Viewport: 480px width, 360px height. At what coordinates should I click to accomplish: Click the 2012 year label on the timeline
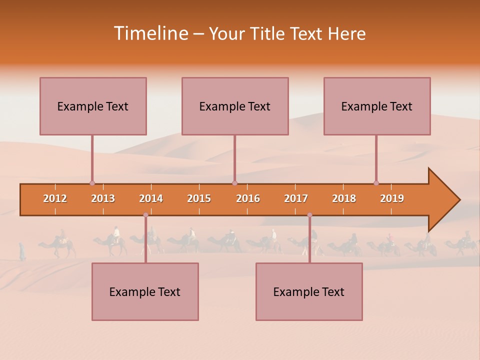click(55, 198)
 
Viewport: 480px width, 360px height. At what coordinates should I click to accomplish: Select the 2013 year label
click(103, 198)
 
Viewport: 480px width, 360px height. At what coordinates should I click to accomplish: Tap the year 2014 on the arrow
click(151, 198)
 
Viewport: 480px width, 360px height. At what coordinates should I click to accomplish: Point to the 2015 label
click(199, 198)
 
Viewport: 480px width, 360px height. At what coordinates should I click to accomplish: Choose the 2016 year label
click(248, 198)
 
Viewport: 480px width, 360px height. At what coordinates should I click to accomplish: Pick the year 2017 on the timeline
click(296, 198)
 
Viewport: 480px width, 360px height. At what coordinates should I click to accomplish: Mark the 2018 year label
click(344, 198)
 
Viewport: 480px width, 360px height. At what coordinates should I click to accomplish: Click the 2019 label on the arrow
click(392, 198)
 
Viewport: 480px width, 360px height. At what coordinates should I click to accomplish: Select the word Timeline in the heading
click(151, 33)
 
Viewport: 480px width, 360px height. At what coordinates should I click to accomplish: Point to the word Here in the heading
click(346, 33)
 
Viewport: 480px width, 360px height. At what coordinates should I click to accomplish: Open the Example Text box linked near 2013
click(93, 106)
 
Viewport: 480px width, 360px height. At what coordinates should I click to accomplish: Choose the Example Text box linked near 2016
click(235, 106)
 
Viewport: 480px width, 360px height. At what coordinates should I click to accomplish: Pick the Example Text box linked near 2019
click(377, 106)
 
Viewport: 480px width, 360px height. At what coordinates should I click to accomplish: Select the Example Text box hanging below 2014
click(145, 291)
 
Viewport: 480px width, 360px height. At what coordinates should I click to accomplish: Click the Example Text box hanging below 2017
click(309, 291)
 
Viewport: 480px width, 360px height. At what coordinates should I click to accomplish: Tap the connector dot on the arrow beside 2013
click(92, 183)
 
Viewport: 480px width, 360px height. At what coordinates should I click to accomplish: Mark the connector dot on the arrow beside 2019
click(376, 183)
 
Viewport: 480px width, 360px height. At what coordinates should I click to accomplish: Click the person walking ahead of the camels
click(22, 251)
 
